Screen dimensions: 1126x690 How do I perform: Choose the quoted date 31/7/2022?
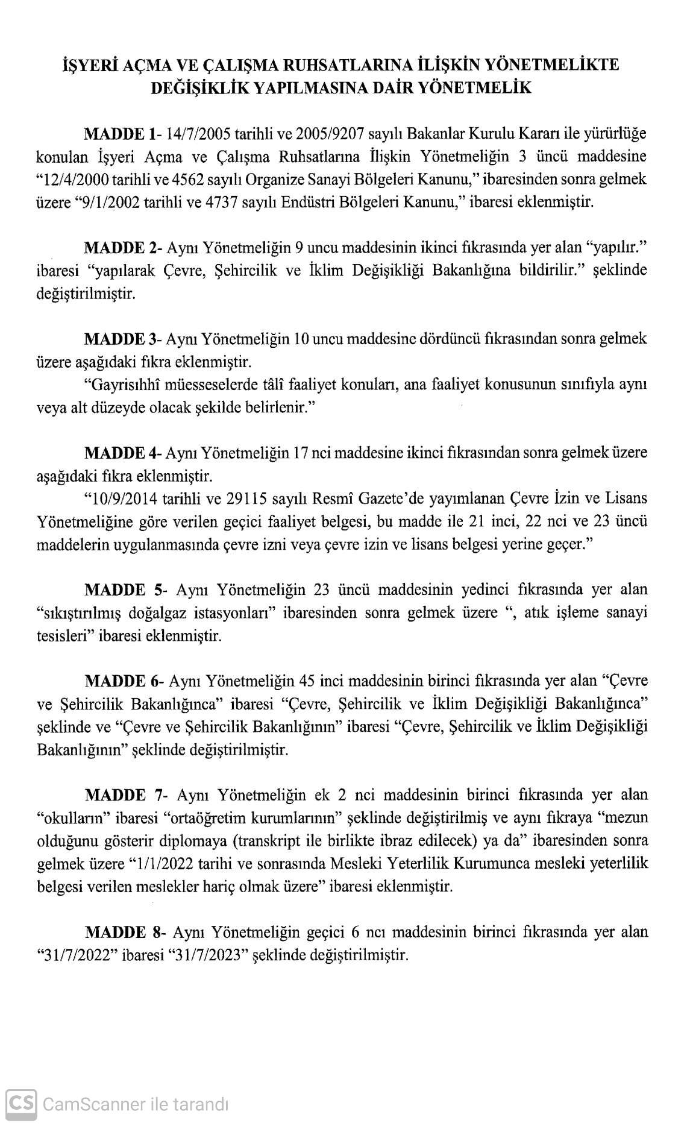75,955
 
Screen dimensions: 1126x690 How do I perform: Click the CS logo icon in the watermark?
21,1104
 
